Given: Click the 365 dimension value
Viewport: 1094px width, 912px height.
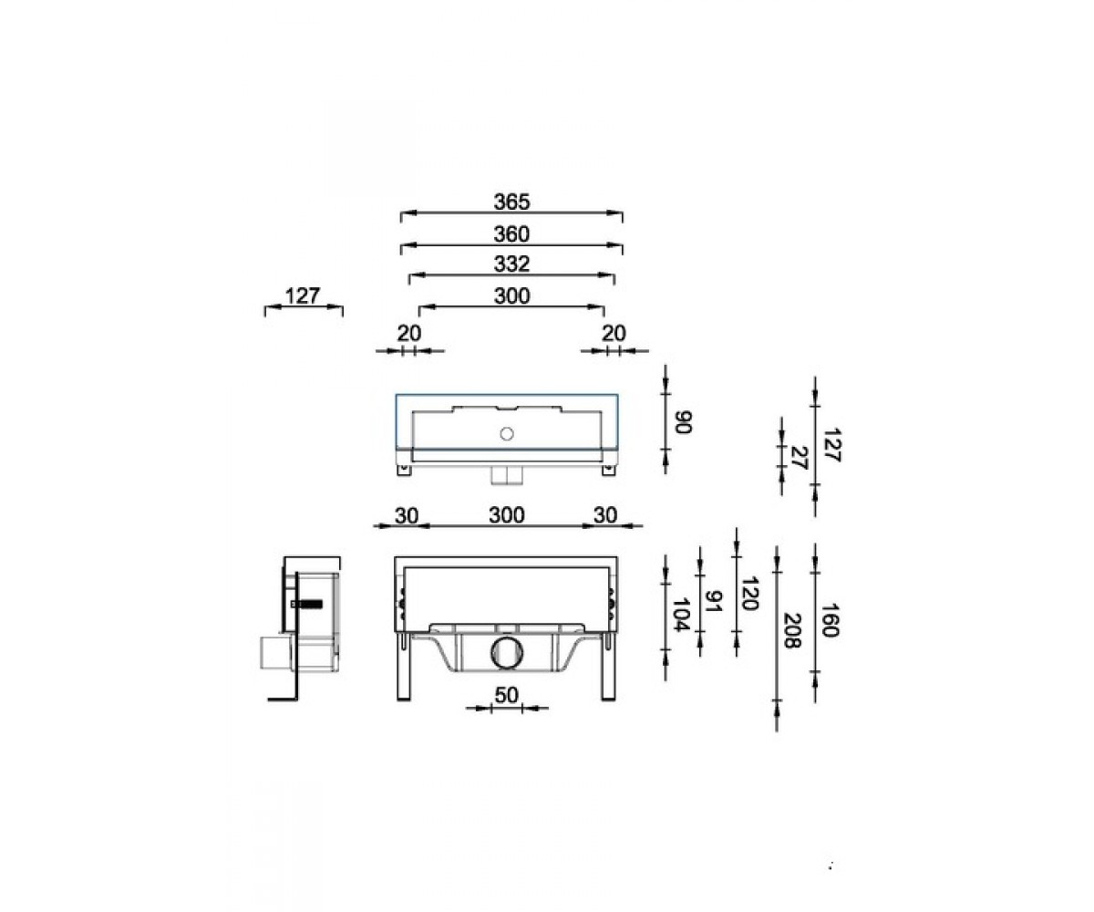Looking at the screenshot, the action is click(511, 202).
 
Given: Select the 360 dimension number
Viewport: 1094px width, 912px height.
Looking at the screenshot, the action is click(511, 234).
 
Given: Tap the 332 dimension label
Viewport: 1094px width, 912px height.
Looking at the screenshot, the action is click(511, 264).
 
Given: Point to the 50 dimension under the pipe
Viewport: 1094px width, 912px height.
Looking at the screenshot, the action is click(506, 695).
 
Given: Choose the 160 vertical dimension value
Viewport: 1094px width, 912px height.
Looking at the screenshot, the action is click(829, 620).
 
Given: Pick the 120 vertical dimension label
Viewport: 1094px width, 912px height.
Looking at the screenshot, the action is click(749, 594).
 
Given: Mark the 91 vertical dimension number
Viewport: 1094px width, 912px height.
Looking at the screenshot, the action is click(714, 601).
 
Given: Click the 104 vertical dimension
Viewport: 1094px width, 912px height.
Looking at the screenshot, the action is click(680, 615).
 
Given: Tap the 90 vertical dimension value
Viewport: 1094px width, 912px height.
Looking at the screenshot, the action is click(683, 422).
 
